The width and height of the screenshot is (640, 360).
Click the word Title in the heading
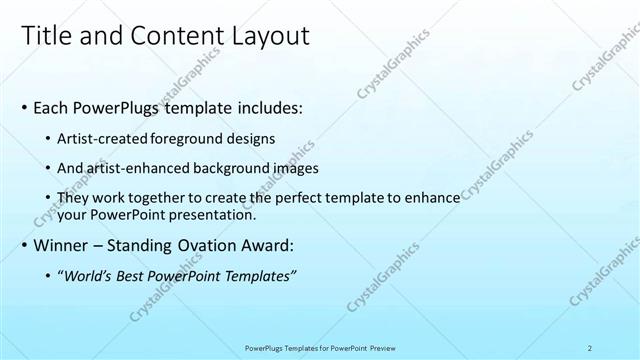point(47,36)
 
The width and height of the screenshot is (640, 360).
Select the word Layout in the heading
point(269,36)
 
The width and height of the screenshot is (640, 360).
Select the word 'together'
point(156,200)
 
